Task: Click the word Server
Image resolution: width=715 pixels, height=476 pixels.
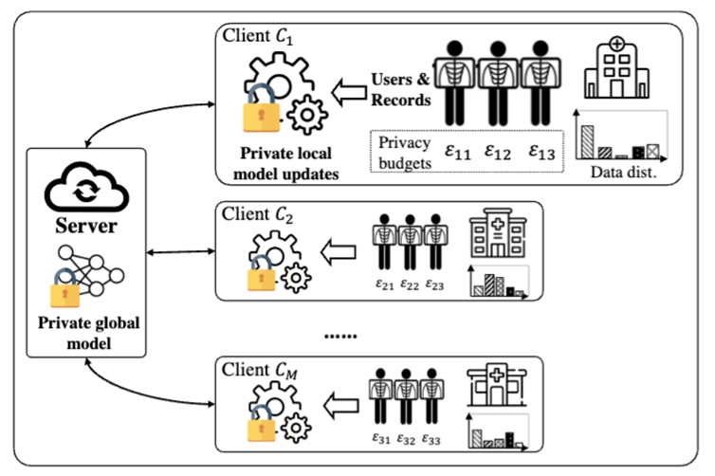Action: [84, 227]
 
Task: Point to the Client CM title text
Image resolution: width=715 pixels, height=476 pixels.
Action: [259, 367]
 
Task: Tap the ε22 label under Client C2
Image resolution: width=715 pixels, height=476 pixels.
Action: [411, 284]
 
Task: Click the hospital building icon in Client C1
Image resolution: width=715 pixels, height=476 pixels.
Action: [617, 69]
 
